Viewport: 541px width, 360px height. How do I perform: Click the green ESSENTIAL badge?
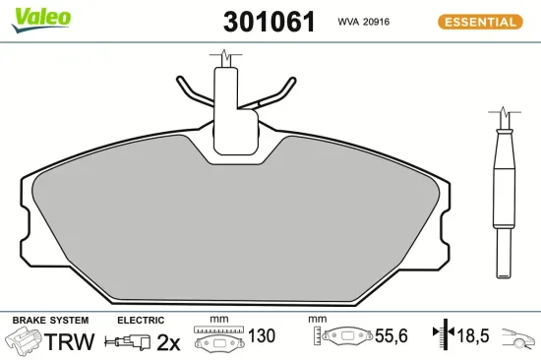point(479,21)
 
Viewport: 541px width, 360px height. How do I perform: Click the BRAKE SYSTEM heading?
point(50,321)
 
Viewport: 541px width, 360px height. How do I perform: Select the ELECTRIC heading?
point(140,321)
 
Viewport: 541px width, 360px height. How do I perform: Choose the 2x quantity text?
point(169,342)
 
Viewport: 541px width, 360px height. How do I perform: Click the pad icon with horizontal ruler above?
point(218,339)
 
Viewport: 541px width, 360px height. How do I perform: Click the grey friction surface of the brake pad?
point(236,226)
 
